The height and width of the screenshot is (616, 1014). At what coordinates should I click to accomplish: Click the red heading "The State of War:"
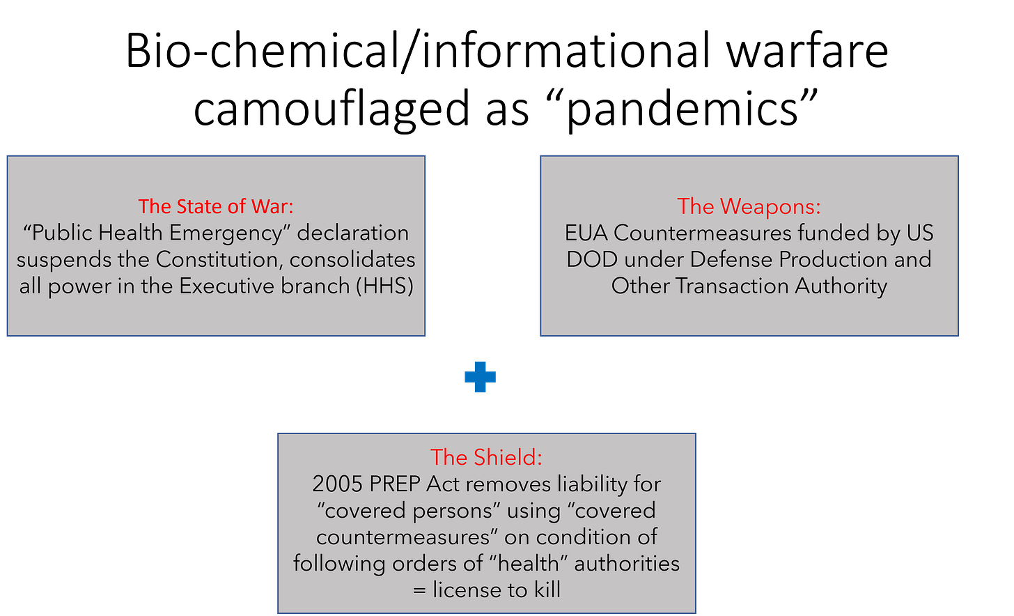coord(216,206)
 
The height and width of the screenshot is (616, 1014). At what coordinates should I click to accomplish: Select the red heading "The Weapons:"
coord(749,206)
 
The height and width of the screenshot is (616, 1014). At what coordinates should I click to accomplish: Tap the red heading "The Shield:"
coord(486,457)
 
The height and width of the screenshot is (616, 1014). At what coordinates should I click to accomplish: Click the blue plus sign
coord(480,377)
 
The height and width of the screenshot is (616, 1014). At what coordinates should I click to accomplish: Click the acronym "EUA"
coord(586,233)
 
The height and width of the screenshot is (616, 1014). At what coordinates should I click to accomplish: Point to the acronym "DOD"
coord(592,259)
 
